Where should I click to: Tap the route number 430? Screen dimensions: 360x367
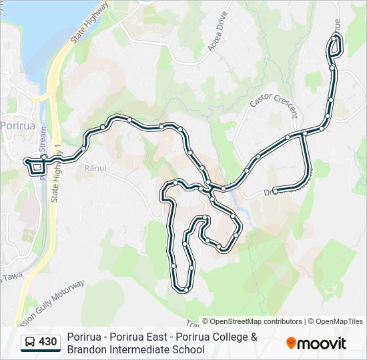(48, 342)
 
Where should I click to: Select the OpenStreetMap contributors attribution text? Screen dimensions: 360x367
(252, 321)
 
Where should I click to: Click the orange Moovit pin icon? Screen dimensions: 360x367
(292, 343)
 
